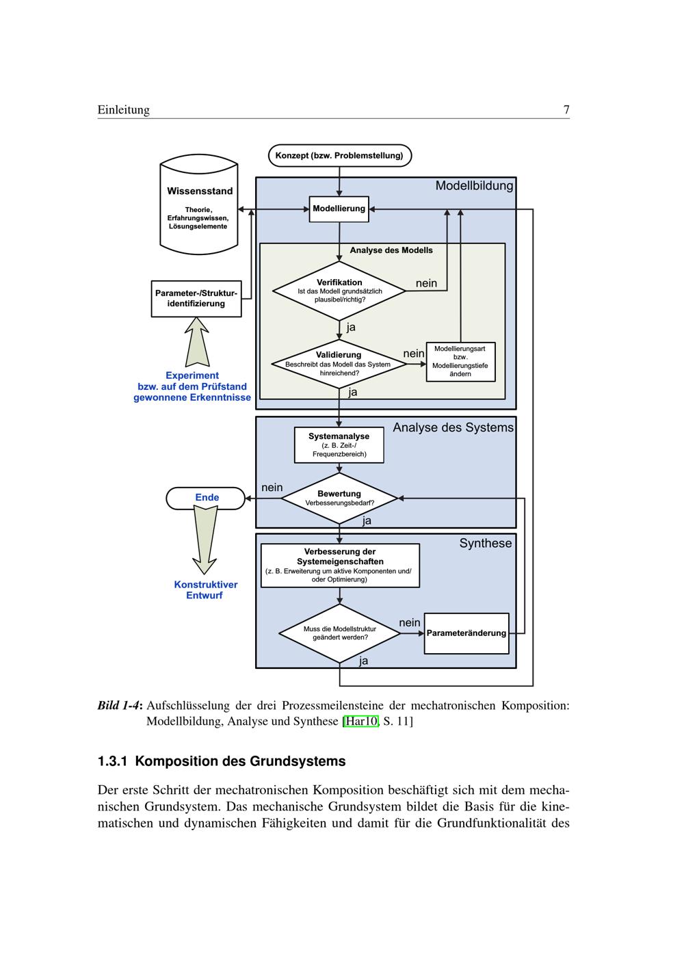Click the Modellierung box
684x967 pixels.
pyautogui.click(x=339, y=209)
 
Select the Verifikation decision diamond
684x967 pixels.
pyautogui.click(x=339, y=291)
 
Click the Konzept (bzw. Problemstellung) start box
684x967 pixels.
pyautogui.click(x=339, y=156)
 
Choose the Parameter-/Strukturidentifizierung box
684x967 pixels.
pyautogui.click(x=196, y=298)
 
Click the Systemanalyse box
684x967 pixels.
pyautogui.click(x=339, y=445)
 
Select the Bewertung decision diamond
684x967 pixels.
pyautogui.click(x=339, y=498)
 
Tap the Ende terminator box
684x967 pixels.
pyautogui.click(x=206, y=498)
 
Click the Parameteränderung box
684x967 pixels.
pyautogui.click(x=466, y=633)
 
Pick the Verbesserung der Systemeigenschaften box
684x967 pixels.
pyautogui.click(x=340, y=565)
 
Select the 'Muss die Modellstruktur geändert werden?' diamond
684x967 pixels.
pyautogui.click(x=340, y=633)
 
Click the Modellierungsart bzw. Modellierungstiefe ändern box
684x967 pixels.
pyautogui.click(x=460, y=362)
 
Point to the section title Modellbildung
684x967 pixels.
pyautogui.click(x=474, y=185)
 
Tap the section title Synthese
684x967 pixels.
pyautogui.click(x=486, y=543)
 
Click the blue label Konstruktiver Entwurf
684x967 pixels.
pyautogui.click(x=205, y=590)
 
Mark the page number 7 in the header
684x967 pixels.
pyautogui.click(x=566, y=110)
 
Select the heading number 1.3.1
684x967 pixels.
pyautogui.click(x=113, y=761)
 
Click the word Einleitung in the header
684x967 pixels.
pyautogui.click(x=123, y=110)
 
